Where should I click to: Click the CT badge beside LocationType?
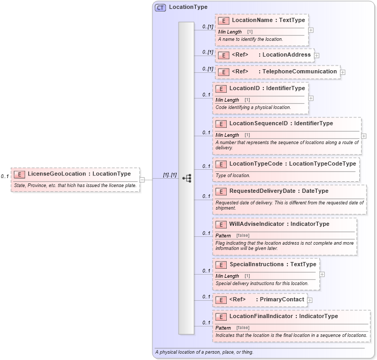(x=160, y=7)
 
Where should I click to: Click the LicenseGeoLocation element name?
(x=58, y=174)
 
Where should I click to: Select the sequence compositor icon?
(x=186, y=179)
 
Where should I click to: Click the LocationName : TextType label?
(x=268, y=20)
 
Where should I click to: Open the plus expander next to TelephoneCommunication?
(x=343, y=72)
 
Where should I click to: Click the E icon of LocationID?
(x=220, y=89)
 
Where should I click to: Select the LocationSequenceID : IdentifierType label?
(x=281, y=124)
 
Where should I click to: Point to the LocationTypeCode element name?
(x=256, y=163)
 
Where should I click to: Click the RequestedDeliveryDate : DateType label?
(x=279, y=191)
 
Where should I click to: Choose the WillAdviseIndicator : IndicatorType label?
(x=279, y=224)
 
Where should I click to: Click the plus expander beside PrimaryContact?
(x=310, y=300)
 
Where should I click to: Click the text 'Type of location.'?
(x=233, y=176)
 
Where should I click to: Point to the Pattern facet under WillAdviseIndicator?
(x=223, y=236)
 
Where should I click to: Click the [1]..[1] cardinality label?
(x=170, y=174)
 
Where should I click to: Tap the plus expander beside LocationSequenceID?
(x=364, y=136)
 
